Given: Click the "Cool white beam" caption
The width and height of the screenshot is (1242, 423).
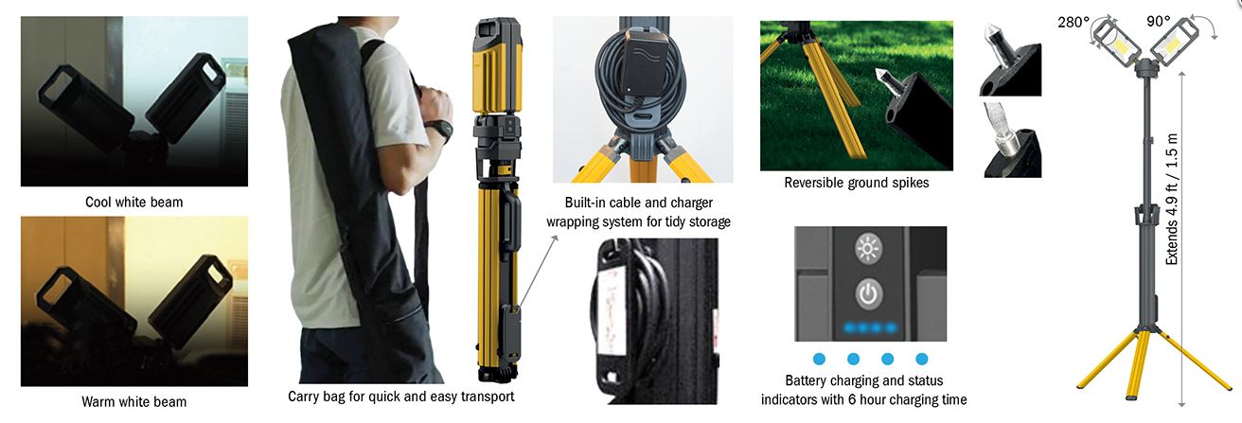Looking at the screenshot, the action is click(x=133, y=202).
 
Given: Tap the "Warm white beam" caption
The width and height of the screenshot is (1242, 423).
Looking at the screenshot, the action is click(x=133, y=401).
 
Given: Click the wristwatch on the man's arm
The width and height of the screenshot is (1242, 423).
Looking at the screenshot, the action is click(x=441, y=131).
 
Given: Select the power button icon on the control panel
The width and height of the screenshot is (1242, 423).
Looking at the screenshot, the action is click(x=868, y=293).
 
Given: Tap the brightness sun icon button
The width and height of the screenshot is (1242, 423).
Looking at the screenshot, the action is click(x=868, y=248).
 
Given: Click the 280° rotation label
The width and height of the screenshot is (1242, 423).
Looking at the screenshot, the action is click(x=1073, y=22).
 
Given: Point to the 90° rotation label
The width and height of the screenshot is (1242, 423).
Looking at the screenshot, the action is click(x=1159, y=21).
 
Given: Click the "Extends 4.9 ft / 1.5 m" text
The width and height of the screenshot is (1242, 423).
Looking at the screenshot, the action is click(x=1172, y=200).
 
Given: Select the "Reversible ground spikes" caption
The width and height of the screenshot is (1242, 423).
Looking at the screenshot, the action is click(x=856, y=183).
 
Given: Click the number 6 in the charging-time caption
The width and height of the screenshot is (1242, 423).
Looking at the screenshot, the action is click(x=852, y=399).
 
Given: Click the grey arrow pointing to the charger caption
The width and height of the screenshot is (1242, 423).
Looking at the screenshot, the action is click(x=538, y=272).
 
